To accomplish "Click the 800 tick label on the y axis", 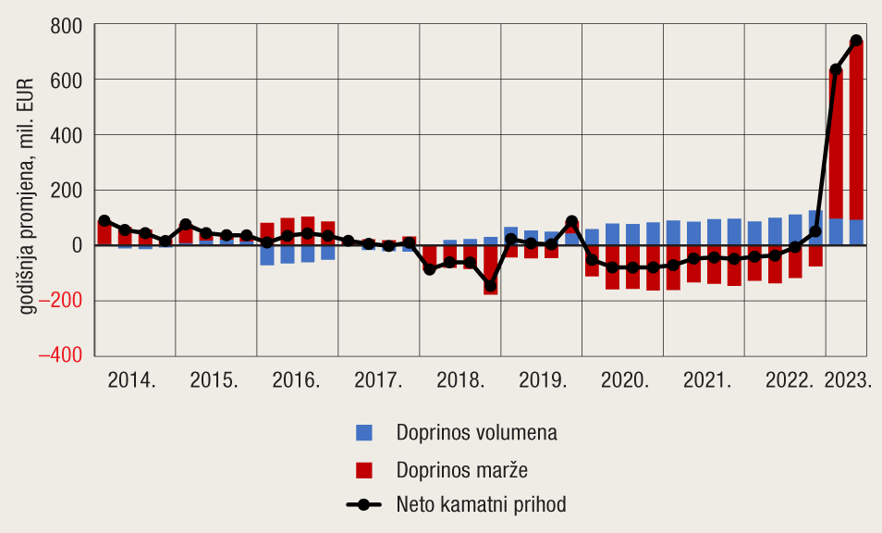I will pyautogui.click(x=66, y=26).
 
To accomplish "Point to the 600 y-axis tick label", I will pyautogui.click(x=66, y=81).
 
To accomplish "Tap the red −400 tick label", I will pyautogui.click(x=58, y=355).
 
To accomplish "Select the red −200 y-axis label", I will pyautogui.click(x=58, y=301).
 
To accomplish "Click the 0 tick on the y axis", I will pyautogui.click(x=78, y=246).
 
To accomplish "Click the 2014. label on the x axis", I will pyautogui.click(x=132, y=381).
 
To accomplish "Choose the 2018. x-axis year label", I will pyautogui.click(x=459, y=381).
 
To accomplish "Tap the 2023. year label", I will pyautogui.click(x=849, y=381).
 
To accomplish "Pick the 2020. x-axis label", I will pyautogui.click(x=624, y=381).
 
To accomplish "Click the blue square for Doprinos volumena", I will pyautogui.click(x=364, y=432).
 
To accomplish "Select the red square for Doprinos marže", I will pyautogui.click(x=364, y=469).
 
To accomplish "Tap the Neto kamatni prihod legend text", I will pyautogui.click(x=481, y=505).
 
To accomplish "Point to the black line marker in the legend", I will pyautogui.click(x=363, y=505).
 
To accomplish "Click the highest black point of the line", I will pyautogui.click(x=856, y=41).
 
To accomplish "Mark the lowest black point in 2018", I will pyautogui.click(x=490, y=286).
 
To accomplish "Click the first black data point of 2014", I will pyautogui.click(x=104, y=221).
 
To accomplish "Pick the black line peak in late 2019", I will pyautogui.click(x=571, y=222).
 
